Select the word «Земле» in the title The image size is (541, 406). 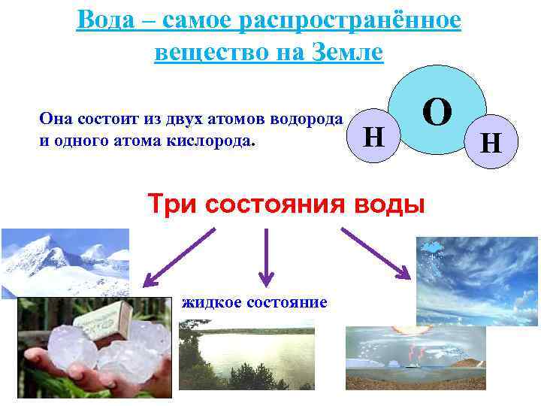(345, 53)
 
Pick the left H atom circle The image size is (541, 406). (374, 138)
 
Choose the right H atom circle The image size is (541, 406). (491, 142)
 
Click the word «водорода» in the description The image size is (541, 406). (310, 118)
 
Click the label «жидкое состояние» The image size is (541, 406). (254, 302)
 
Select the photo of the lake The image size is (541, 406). (246, 353)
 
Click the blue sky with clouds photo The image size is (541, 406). (477, 281)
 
